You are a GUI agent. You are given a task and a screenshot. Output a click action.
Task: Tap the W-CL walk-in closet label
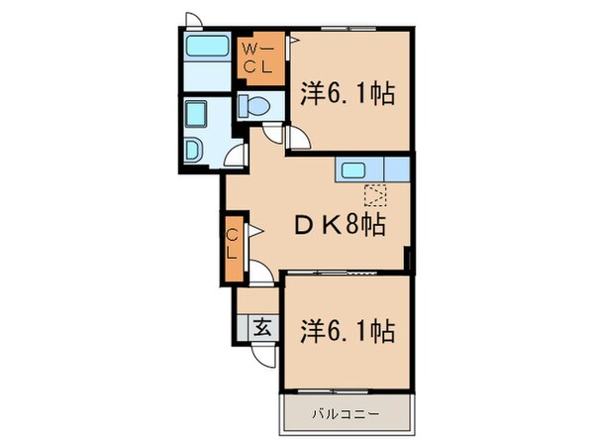tap(260, 57)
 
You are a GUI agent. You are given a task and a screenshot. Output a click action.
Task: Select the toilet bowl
tap(254, 106)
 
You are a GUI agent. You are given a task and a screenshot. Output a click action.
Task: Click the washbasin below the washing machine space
tap(194, 150)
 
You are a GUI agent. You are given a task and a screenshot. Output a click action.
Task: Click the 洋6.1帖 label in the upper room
tap(348, 94)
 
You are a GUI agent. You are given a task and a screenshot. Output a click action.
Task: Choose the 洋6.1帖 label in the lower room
tap(347, 330)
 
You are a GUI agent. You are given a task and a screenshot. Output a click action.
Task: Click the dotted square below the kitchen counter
tap(374, 194)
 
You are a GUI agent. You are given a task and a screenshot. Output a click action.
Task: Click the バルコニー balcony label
tap(346, 412)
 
